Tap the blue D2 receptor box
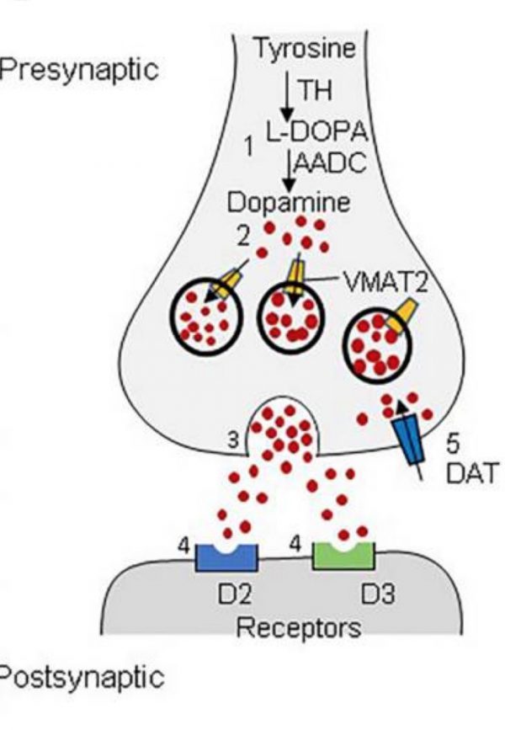coord(226,557)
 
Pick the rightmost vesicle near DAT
coord(379,341)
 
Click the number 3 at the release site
coord(235,439)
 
